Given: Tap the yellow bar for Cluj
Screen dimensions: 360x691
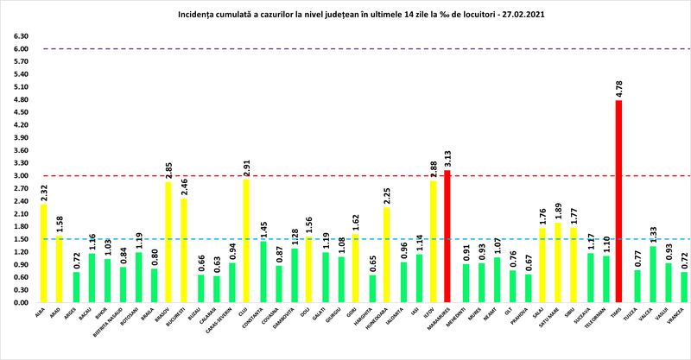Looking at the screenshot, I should (245, 241).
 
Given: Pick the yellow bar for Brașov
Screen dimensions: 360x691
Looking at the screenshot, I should (168, 242).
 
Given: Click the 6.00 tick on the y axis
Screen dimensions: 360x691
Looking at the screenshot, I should (20, 49).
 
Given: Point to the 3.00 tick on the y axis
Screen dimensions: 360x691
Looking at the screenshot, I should (20, 176).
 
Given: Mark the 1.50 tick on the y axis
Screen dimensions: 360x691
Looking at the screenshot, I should (20, 239).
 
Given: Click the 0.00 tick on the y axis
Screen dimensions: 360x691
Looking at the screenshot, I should (20, 303).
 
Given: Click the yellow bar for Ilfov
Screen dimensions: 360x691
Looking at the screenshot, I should (432, 242).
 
